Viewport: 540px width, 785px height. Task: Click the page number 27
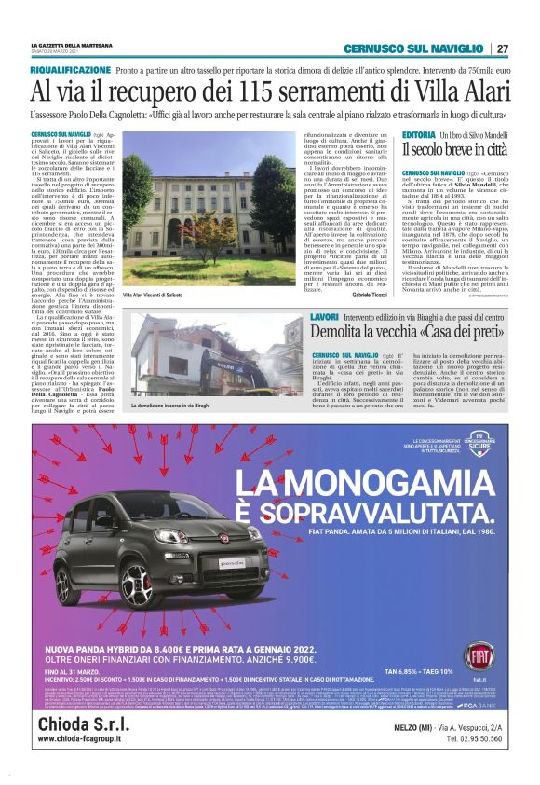pyautogui.click(x=502, y=48)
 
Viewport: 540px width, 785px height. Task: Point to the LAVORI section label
pyautogui.click(x=326, y=318)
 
